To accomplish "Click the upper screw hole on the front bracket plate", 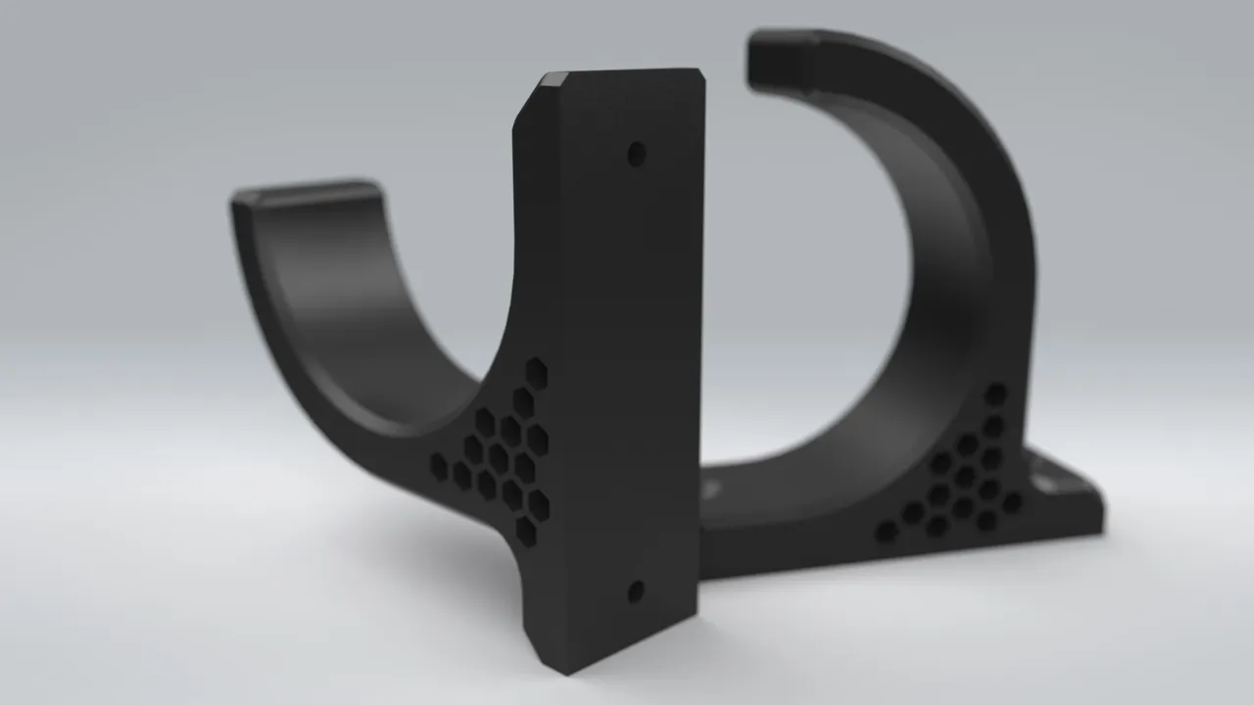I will pos(637,154).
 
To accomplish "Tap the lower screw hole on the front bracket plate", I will pos(636,590).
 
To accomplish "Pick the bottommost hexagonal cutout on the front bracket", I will pos(526,531).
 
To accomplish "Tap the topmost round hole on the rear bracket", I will pos(995,394).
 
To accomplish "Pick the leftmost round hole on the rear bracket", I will pos(886,532).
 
